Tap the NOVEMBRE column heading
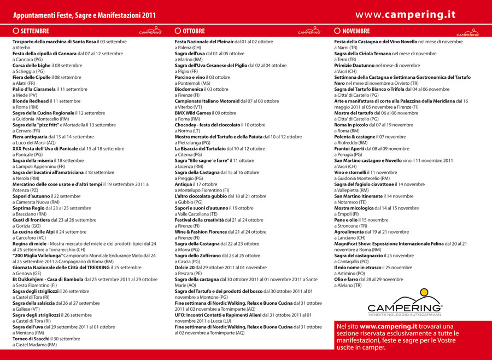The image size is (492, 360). pos(356,31)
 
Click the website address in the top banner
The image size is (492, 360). pos(405,15)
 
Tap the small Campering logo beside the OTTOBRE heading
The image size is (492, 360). pos(309,31)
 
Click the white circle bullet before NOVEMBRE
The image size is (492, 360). pos(337,31)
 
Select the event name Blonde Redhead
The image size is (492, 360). pos(31,101)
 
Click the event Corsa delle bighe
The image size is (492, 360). pos(32,65)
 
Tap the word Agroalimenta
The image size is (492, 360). pos(351,232)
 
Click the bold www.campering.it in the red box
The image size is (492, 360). pos(388,327)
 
